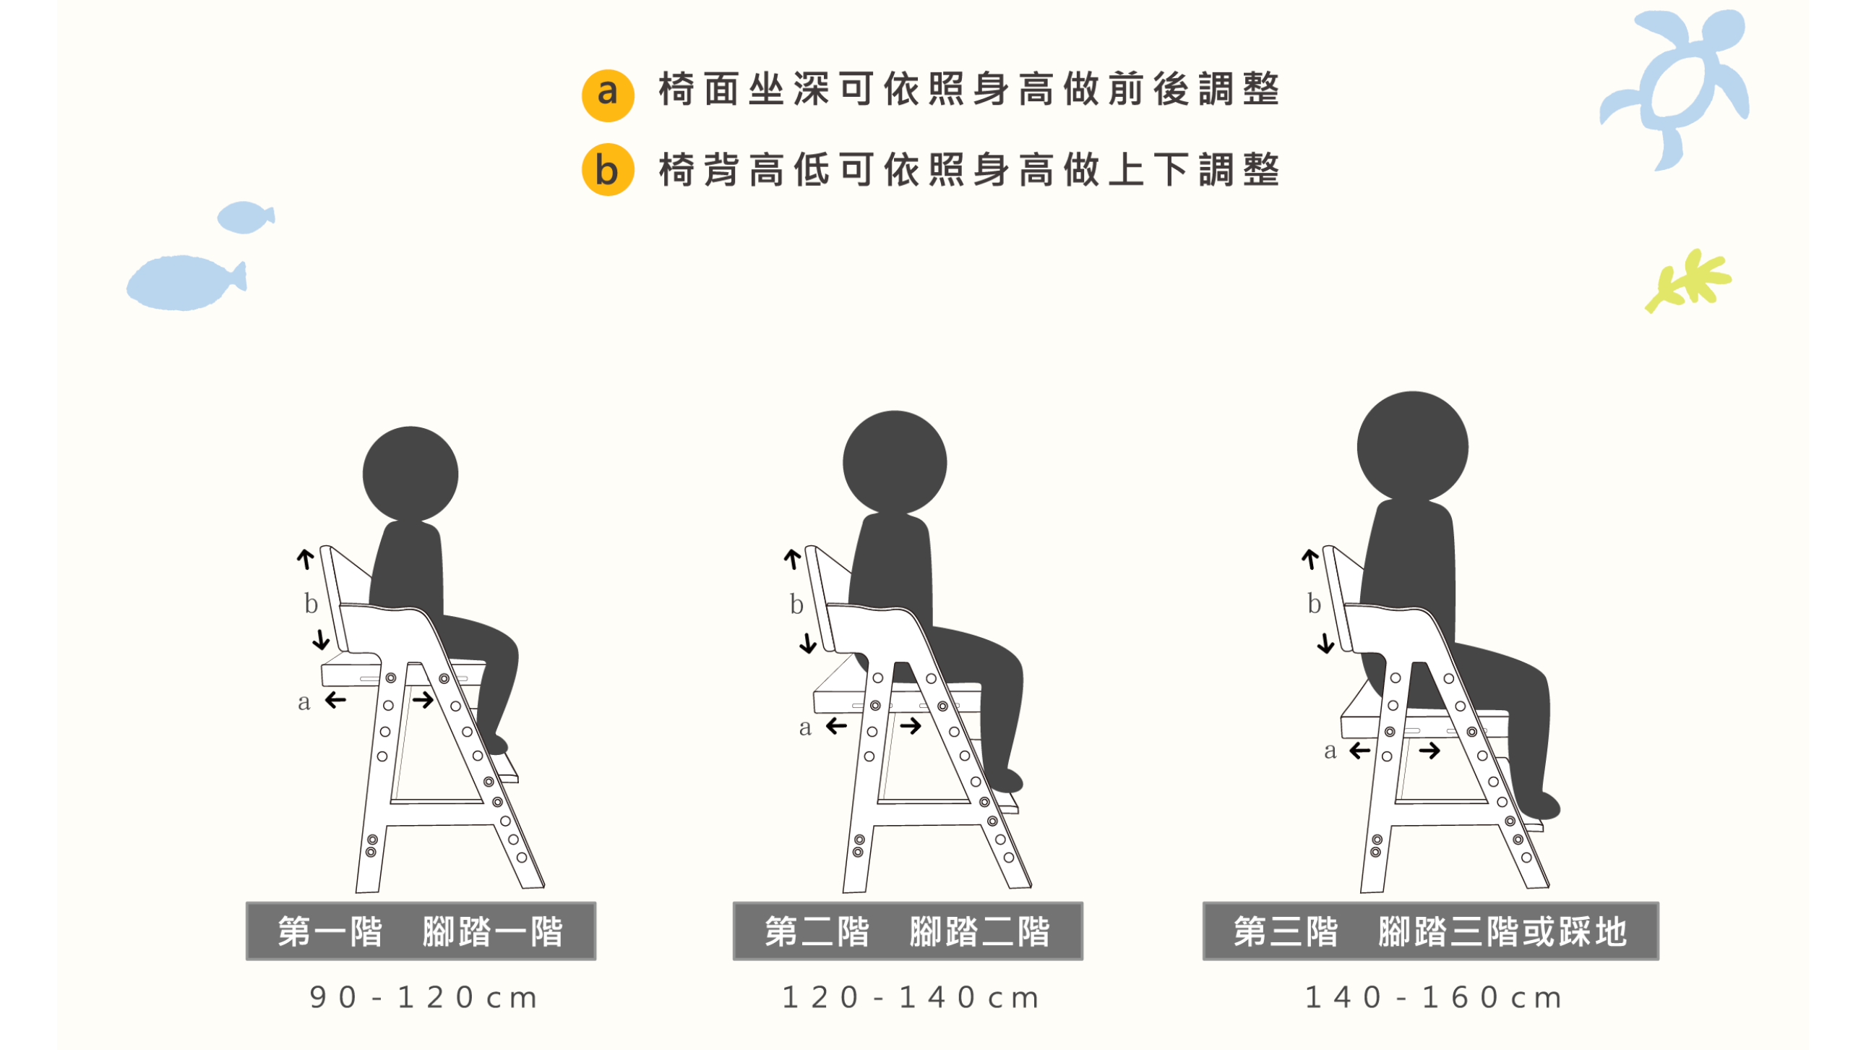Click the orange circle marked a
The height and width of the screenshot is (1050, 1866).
(x=608, y=95)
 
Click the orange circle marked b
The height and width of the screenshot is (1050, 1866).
(x=608, y=169)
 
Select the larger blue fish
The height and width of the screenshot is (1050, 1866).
(x=186, y=283)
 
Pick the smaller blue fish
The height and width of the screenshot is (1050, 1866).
(x=246, y=218)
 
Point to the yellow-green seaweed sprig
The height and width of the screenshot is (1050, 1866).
(x=1687, y=281)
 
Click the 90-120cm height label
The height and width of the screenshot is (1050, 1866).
(x=423, y=998)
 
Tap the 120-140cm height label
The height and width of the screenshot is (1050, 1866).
(x=911, y=998)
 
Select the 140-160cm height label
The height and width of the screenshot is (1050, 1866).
(x=1433, y=998)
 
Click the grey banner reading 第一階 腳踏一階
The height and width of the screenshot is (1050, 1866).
(x=421, y=931)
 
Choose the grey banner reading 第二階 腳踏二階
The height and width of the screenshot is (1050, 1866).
(x=908, y=931)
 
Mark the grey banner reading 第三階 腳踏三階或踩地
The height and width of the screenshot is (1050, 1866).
(x=1431, y=931)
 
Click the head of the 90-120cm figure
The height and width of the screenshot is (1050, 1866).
(x=410, y=474)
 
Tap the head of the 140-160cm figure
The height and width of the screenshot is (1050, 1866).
(x=1413, y=446)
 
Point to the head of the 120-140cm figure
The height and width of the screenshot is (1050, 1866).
(x=895, y=462)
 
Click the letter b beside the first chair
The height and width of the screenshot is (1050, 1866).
(x=311, y=603)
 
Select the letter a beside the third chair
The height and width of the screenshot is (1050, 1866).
(x=1330, y=751)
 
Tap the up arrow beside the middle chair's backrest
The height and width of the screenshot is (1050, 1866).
(x=793, y=559)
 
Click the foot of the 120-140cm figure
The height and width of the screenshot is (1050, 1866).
(x=1005, y=780)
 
